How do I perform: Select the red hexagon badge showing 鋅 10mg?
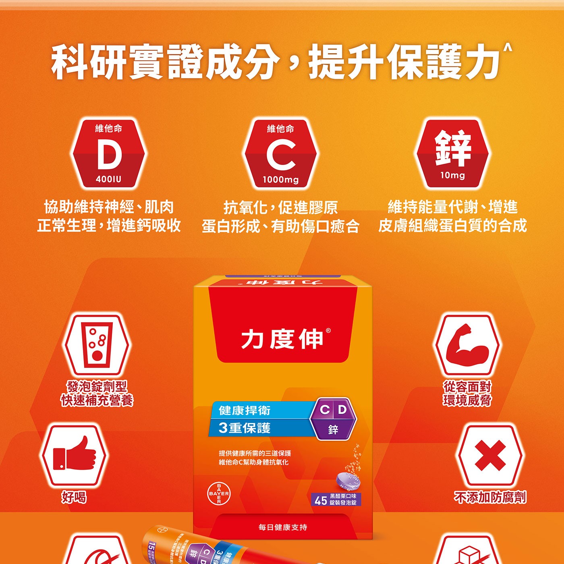click(452, 153)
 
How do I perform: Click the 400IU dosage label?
click(108, 179)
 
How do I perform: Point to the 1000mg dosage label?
click(281, 180)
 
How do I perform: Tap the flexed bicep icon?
click(467, 345)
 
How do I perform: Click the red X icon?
click(490, 455)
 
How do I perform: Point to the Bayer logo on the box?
click(219, 493)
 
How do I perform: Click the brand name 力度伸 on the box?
click(282, 339)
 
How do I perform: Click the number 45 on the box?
click(321, 501)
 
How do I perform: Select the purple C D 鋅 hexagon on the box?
click(333, 419)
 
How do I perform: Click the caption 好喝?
click(74, 497)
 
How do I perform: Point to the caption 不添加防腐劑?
click(490, 497)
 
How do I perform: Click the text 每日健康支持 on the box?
click(283, 527)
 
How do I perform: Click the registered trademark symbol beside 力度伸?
click(328, 331)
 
